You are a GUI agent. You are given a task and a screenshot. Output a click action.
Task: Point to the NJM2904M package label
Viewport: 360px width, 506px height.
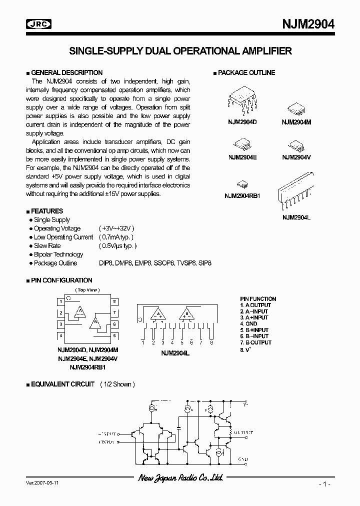296,122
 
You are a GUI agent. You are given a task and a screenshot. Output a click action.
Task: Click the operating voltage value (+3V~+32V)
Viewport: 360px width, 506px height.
116,228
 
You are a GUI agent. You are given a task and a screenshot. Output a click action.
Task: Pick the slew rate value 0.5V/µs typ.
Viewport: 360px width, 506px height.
117,245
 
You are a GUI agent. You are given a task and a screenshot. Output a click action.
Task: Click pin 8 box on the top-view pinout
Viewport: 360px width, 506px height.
114,301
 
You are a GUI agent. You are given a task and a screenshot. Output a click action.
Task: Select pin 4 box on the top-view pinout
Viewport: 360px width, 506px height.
60,335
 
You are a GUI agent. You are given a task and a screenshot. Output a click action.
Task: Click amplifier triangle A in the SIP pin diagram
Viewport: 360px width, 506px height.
159,314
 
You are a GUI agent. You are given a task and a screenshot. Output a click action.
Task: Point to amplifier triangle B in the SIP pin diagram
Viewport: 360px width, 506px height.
186,314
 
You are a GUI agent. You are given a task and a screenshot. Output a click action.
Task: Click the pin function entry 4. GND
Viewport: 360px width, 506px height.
248,323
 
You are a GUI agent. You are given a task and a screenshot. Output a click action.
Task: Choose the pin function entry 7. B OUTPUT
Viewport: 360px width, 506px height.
255,342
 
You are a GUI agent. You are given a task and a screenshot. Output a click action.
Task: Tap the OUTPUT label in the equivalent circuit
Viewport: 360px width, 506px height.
243,432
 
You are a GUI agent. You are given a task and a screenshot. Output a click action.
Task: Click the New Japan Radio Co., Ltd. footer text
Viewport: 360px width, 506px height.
180,478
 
